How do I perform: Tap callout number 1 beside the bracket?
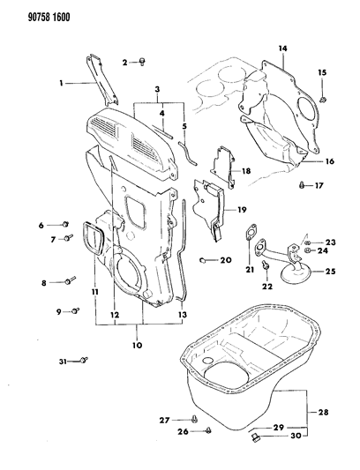61,84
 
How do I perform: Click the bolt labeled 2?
145,61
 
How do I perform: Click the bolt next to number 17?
303,185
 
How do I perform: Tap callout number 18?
247,170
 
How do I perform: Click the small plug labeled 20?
203,260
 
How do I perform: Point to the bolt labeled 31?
83,359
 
